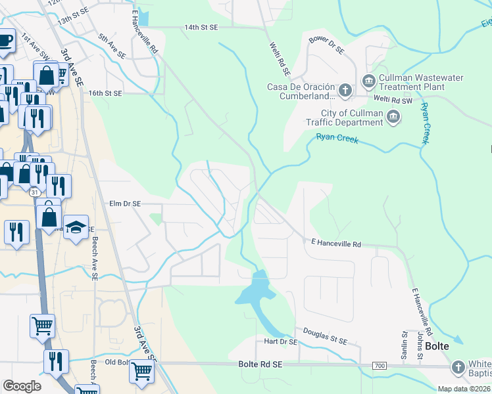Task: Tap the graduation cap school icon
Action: tap(76, 227)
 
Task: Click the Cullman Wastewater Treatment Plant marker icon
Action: tap(368, 82)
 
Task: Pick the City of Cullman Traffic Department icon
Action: tap(393, 118)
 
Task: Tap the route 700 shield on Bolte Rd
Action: tap(380, 365)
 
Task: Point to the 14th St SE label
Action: tap(201, 28)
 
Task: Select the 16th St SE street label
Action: tap(106, 93)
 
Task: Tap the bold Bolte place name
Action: tap(437, 346)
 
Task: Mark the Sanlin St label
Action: tap(404, 345)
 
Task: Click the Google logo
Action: tap(22, 386)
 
